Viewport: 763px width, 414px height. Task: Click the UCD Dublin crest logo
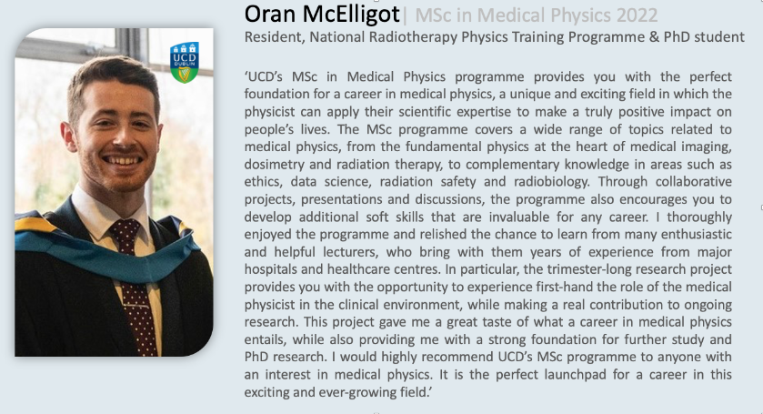pyautogui.click(x=185, y=63)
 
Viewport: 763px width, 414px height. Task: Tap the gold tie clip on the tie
pyautogui.click(x=136, y=306)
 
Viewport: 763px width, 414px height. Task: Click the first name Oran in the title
pyautogui.click(x=271, y=15)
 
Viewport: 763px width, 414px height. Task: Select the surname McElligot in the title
pyautogui.click(x=351, y=15)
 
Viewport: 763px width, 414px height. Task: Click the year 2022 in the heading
pyautogui.click(x=637, y=15)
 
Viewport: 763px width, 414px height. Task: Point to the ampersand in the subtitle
pyautogui.click(x=654, y=37)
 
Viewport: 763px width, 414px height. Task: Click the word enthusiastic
pyautogui.click(x=696, y=234)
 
